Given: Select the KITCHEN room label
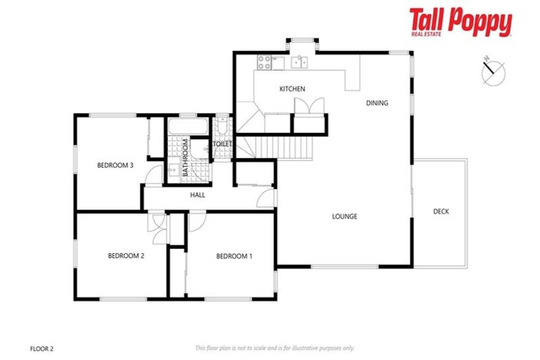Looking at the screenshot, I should (292, 89).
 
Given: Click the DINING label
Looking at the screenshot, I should (377, 103).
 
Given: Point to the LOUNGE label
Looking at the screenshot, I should (345, 216).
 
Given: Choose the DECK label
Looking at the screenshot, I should (441, 212).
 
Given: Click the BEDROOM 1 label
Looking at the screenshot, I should (234, 256).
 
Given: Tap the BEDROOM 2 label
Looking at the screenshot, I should (126, 256).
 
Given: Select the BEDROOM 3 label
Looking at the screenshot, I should (115, 165).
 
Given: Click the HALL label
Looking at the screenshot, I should (198, 195).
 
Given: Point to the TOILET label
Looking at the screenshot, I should (223, 143).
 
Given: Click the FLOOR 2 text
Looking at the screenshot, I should (43, 347).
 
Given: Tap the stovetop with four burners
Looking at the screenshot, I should (264, 63).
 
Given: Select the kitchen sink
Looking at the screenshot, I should (301, 63).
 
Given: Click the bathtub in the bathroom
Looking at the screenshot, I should (188, 127).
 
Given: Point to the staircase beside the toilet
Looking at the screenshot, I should (285, 148).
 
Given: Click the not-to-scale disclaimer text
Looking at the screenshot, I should (274, 347).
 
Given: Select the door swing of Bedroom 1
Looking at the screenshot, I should (196, 220).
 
